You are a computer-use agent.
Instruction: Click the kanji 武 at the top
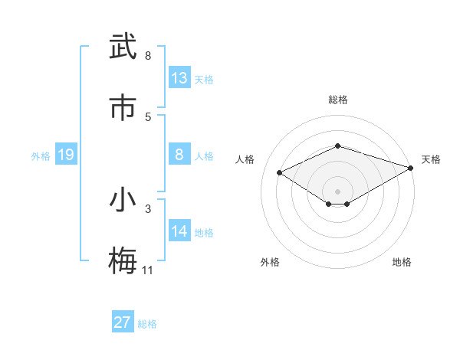pos(123,47)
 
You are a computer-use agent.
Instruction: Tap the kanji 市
pos(123,108)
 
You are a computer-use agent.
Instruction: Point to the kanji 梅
pos(123,260)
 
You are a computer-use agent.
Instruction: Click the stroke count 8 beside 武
pos(148,56)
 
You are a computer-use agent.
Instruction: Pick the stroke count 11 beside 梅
pos(148,270)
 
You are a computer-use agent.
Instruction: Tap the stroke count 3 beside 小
pos(148,208)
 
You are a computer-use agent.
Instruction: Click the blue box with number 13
pos(179,78)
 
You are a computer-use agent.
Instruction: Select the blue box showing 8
pos(179,155)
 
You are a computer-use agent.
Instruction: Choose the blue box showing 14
pos(179,231)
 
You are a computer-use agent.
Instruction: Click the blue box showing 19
pos(66,155)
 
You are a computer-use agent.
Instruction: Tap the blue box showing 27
pos(123,322)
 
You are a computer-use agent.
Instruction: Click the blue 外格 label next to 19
pos(41,156)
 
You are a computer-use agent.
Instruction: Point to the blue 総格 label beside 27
pos(147,324)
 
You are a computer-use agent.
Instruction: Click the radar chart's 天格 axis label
pos(431,159)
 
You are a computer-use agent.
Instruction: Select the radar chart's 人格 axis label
pos(245,159)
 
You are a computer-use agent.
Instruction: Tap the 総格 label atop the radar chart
pos(338,100)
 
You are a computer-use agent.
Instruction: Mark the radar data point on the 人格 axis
pos(280,173)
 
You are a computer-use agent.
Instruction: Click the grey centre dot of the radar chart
pos(337,191)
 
